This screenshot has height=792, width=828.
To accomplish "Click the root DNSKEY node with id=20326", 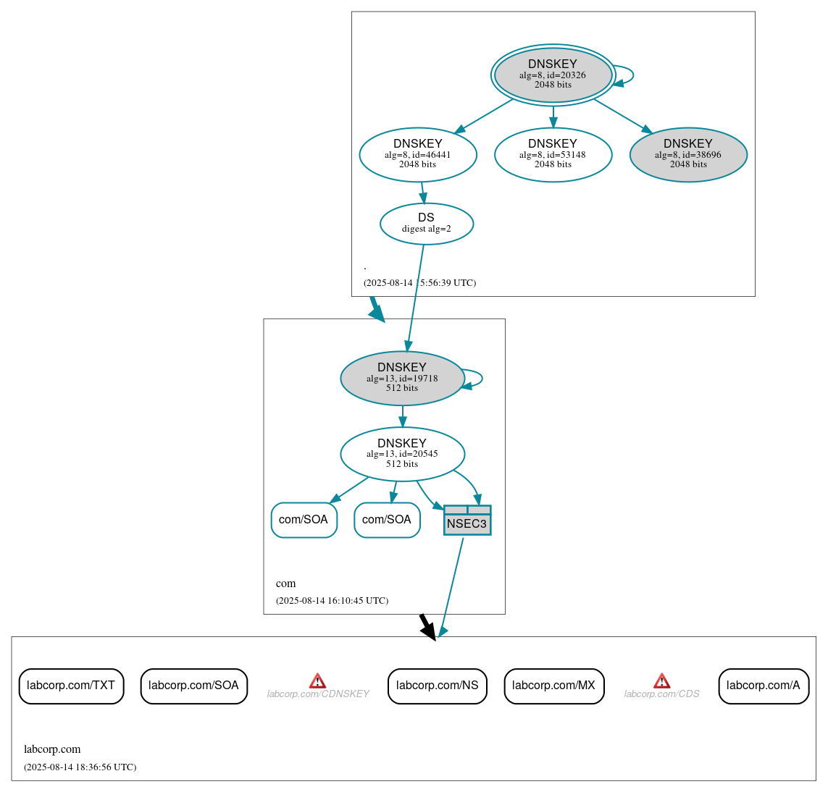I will [x=553, y=75].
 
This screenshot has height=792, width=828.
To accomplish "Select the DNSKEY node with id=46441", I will [x=418, y=154].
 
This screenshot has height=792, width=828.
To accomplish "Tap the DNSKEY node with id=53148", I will [x=553, y=154].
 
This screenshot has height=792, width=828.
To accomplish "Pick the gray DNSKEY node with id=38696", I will [x=688, y=154].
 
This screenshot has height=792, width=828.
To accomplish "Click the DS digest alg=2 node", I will [x=427, y=224].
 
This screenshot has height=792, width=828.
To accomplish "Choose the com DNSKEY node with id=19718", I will [x=402, y=378].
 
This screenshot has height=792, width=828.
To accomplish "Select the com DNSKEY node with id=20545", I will [x=402, y=454].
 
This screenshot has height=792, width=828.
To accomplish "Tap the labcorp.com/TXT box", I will [x=71, y=686].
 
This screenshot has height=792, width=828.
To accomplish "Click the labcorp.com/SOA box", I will [x=193, y=686].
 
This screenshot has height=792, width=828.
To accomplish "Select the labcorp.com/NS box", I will [x=437, y=686].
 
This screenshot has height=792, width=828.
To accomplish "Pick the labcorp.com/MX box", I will [x=553, y=686].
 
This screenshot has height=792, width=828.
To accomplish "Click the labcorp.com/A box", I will [x=763, y=686].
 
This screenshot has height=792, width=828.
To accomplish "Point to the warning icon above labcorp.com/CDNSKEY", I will [x=317, y=681].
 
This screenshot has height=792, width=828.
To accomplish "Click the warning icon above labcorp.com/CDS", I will [x=661, y=681].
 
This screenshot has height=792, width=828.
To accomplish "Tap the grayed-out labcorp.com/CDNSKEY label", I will [x=318, y=694].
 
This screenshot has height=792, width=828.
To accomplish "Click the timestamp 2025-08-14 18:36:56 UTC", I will [x=80, y=767].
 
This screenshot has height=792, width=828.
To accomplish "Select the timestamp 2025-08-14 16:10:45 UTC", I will [x=332, y=600].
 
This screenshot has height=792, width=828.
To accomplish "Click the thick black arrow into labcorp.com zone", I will [x=428, y=627].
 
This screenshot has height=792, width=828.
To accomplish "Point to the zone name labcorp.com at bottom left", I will [x=52, y=749].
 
